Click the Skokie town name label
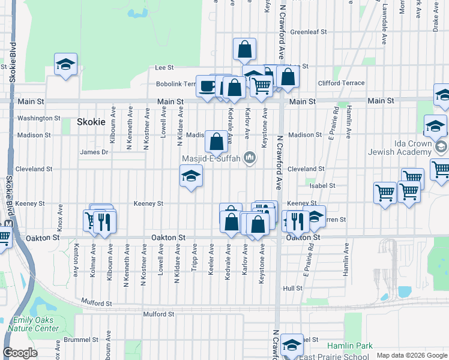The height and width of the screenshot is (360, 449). pos(91,122)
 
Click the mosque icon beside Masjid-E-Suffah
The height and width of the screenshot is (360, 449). pos(250,158)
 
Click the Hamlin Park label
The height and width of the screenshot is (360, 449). pos(350,346)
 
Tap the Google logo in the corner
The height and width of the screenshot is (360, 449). pos(20,353)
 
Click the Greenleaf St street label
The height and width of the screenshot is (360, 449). pos(308,32)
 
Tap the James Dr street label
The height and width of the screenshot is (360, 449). pos(94,152)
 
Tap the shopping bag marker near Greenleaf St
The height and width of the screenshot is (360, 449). pos(244,50)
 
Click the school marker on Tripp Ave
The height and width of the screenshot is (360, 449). pos(191,176)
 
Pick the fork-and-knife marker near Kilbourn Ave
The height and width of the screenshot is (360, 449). pos(105,222)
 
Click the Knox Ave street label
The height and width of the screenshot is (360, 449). pos(60,215)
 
